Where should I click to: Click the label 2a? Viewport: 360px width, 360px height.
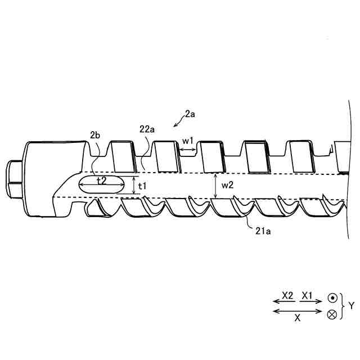pos(190,114)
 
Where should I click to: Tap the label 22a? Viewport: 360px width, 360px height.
pos(147,129)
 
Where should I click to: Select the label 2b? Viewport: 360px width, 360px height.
pos(95,135)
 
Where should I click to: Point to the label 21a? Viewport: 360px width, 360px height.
pos(263,231)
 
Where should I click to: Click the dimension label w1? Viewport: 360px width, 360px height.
pos(188,141)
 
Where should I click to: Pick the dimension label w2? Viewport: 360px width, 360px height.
pos(227,185)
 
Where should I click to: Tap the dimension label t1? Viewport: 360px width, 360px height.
pos(142,186)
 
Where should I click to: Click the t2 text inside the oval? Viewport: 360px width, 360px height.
pos(102,181)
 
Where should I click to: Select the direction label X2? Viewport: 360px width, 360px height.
pos(287,295)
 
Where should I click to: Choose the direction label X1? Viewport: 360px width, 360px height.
pos(307,295)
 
